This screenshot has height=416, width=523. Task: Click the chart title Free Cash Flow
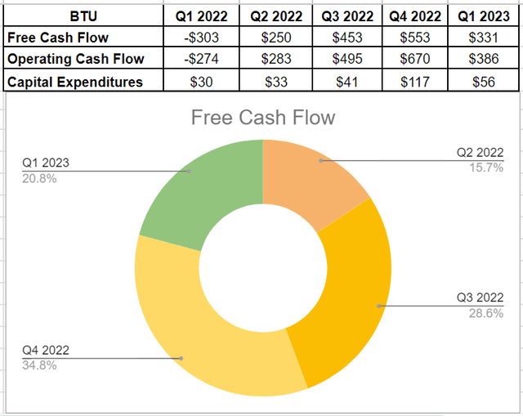[262, 118]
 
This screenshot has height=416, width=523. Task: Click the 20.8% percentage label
[39, 179]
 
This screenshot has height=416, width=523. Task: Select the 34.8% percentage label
[39, 365]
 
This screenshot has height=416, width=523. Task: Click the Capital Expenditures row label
[74, 81]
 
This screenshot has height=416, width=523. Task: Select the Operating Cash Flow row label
[74, 59]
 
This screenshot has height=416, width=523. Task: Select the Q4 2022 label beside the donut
[45, 351]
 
